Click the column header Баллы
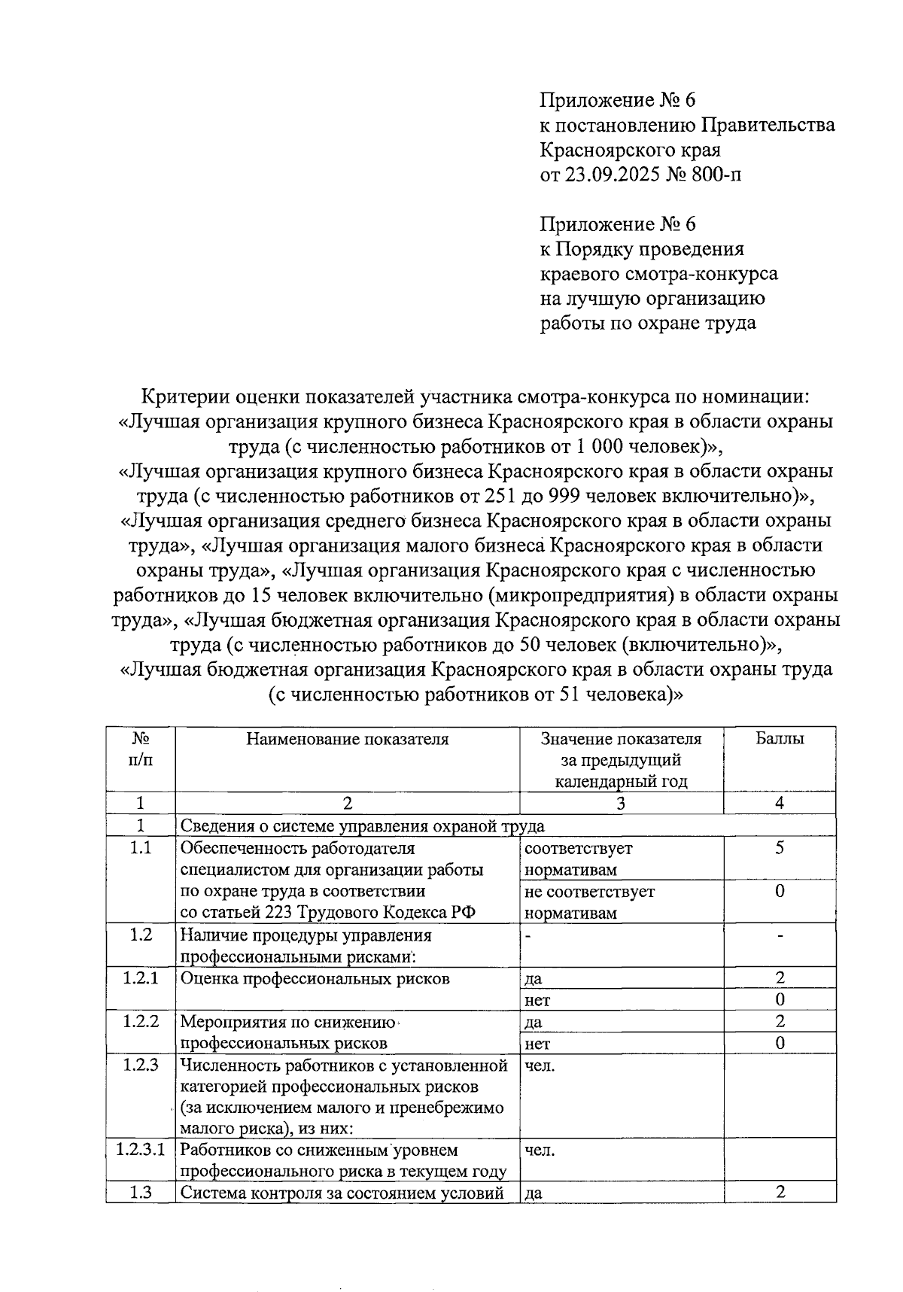pyautogui.click(x=780, y=738)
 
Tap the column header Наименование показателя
pyautogui.click(x=347, y=738)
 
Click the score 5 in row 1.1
pyautogui.click(x=780, y=848)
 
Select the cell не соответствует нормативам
pyautogui.click(x=589, y=902)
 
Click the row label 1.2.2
pyautogui.click(x=141, y=1021)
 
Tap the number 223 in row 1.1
pyautogui.click(x=279, y=913)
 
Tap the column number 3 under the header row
pyautogui.click(x=620, y=803)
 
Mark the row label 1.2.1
pyautogui.click(x=141, y=977)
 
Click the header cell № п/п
pyautogui.click(x=141, y=749)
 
